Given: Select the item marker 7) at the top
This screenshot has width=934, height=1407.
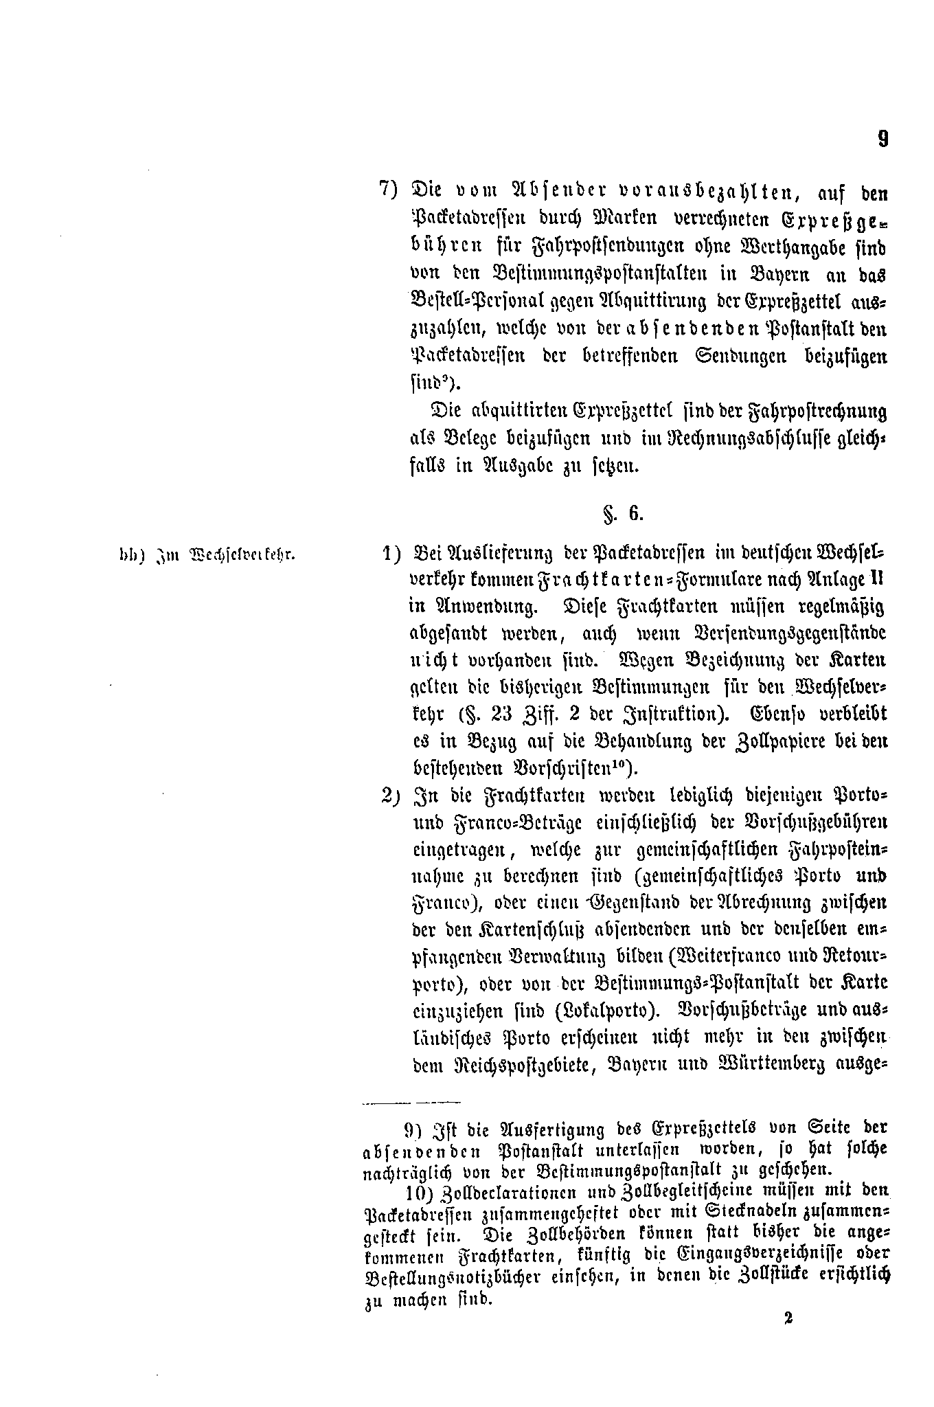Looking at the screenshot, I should (x=389, y=189).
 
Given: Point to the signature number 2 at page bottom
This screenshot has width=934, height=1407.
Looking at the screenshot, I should (x=787, y=1318).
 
